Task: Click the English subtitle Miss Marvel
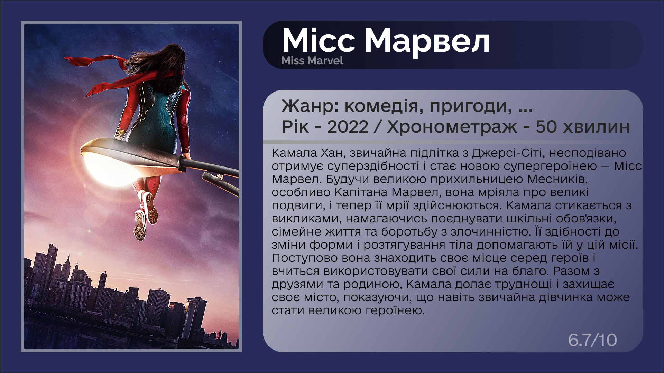[312, 61]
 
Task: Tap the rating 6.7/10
[592, 340]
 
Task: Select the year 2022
[348, 127]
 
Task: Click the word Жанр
[310, 106]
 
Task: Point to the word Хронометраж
[452, 127]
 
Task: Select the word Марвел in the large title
[427, 41]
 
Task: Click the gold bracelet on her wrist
[120, 133]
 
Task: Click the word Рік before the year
[295, 127]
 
